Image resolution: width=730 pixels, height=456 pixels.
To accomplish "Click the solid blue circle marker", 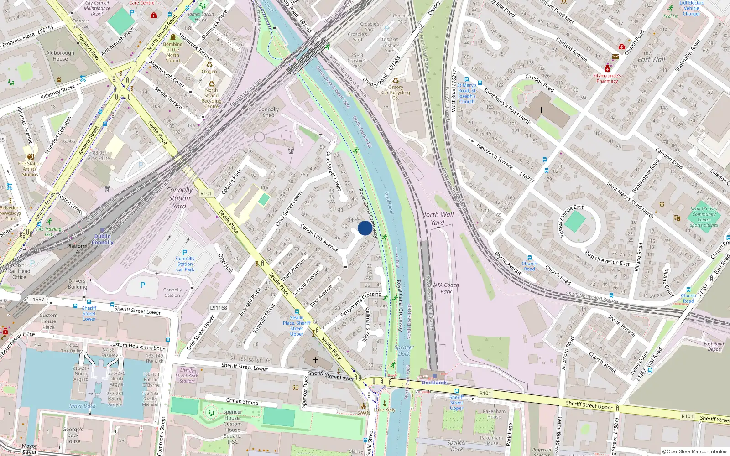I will pyautogui.click(x=365, y=228).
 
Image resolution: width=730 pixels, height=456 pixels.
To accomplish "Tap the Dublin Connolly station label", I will pyautogui.click(x=102, y=239).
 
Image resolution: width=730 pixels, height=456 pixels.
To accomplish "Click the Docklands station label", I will pyautogui.click(x=434, y=383).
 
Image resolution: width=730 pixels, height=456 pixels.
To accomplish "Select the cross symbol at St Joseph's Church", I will pyautogui.click(x=542, y=110).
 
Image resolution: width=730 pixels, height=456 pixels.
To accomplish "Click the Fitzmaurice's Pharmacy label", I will pyautogui.click(x=607, y=78).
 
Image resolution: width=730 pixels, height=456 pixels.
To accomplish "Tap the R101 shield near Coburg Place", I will pyautogui.click(x=206, y=193).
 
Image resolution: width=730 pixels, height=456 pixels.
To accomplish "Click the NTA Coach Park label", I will pyautogui.click(x=446, y=288).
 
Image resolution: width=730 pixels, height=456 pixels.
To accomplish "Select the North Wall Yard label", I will pyautogui.click(x=437, y=218).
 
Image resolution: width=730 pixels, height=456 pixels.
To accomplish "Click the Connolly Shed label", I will pyautogui.click(x=268, y=112).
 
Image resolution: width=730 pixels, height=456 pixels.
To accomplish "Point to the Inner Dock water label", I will pyautogui.click(x=82, y=406).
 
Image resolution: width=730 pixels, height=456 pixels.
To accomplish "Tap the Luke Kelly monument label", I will pyautogui.click(x=385, y=410).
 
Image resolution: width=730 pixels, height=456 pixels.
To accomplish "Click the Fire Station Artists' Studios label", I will pyautogui.click(x=30, y=169).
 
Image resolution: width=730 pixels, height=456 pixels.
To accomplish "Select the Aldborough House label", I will pyautogui.click(x=60, y=56).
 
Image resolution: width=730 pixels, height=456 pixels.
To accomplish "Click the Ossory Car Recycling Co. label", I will pyautogui.click(x=396, y=93).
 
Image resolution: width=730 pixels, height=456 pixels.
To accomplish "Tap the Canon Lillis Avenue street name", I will pyautogui.click(x=319, y=238).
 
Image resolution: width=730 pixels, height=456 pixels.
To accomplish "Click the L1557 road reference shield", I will pyautogui.click(x=37, y=300).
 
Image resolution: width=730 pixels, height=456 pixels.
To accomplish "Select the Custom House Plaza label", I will pyautogui.click(x=48, y=321).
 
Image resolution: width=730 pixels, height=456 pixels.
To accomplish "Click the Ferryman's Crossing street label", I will pyautogui.click(x=360, y=304).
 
